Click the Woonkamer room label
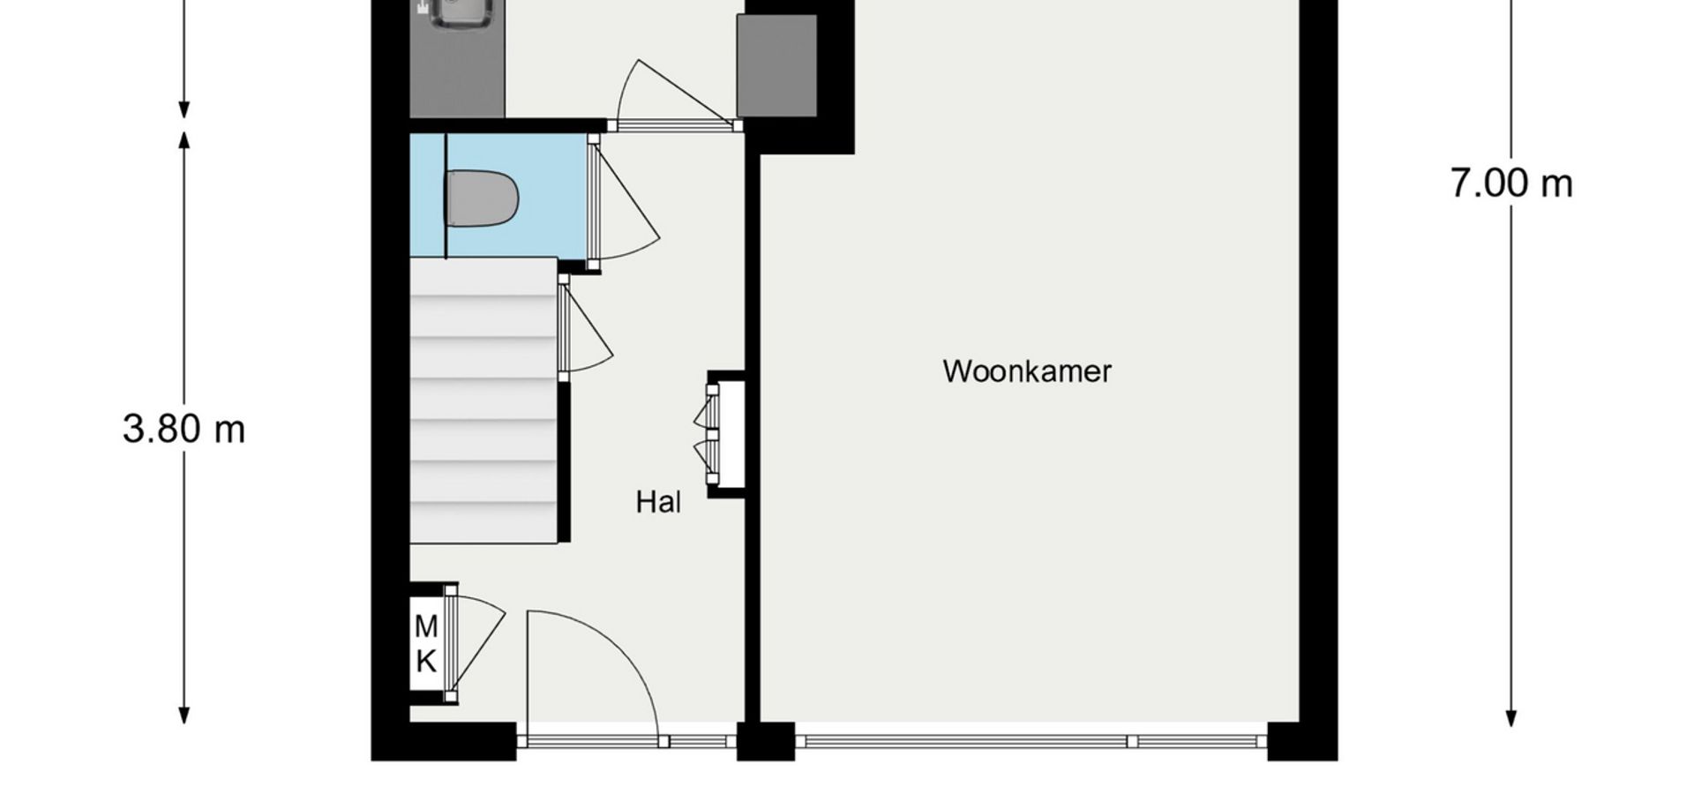click(1027, 371)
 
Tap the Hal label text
click(658, 503)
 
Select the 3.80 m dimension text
click(184, 430)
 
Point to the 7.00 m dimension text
click(1511, 184)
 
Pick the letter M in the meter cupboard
click(426, 627)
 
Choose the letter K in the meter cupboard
click(426, 661)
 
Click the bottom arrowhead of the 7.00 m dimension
click(1511, 718)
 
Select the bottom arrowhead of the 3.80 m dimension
click(184, 715)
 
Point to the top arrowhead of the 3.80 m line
click(184, 139)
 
